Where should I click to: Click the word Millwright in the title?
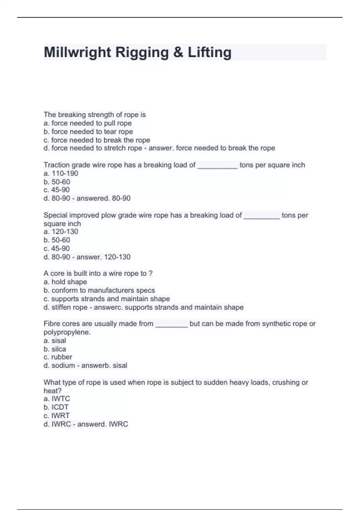tap(77, 52)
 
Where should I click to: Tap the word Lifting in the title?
tap(209, 52)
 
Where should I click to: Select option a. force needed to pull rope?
tap(88, 123)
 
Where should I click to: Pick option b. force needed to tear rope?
tap(88, 132)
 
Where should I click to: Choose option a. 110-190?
tap(61, 173)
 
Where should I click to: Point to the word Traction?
tap(57, 165)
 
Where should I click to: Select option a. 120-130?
tap(61, 232)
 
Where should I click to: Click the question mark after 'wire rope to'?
tap(151, 274)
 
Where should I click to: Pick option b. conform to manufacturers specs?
tap(99, 290)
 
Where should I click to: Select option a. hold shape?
tap(65, 282)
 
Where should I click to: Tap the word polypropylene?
tap(67, 332)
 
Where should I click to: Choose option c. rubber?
tap(58, 357)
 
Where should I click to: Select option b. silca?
tap(55, 349)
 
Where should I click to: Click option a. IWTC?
tap(57, 399)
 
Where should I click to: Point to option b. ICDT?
tap(56, 407)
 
